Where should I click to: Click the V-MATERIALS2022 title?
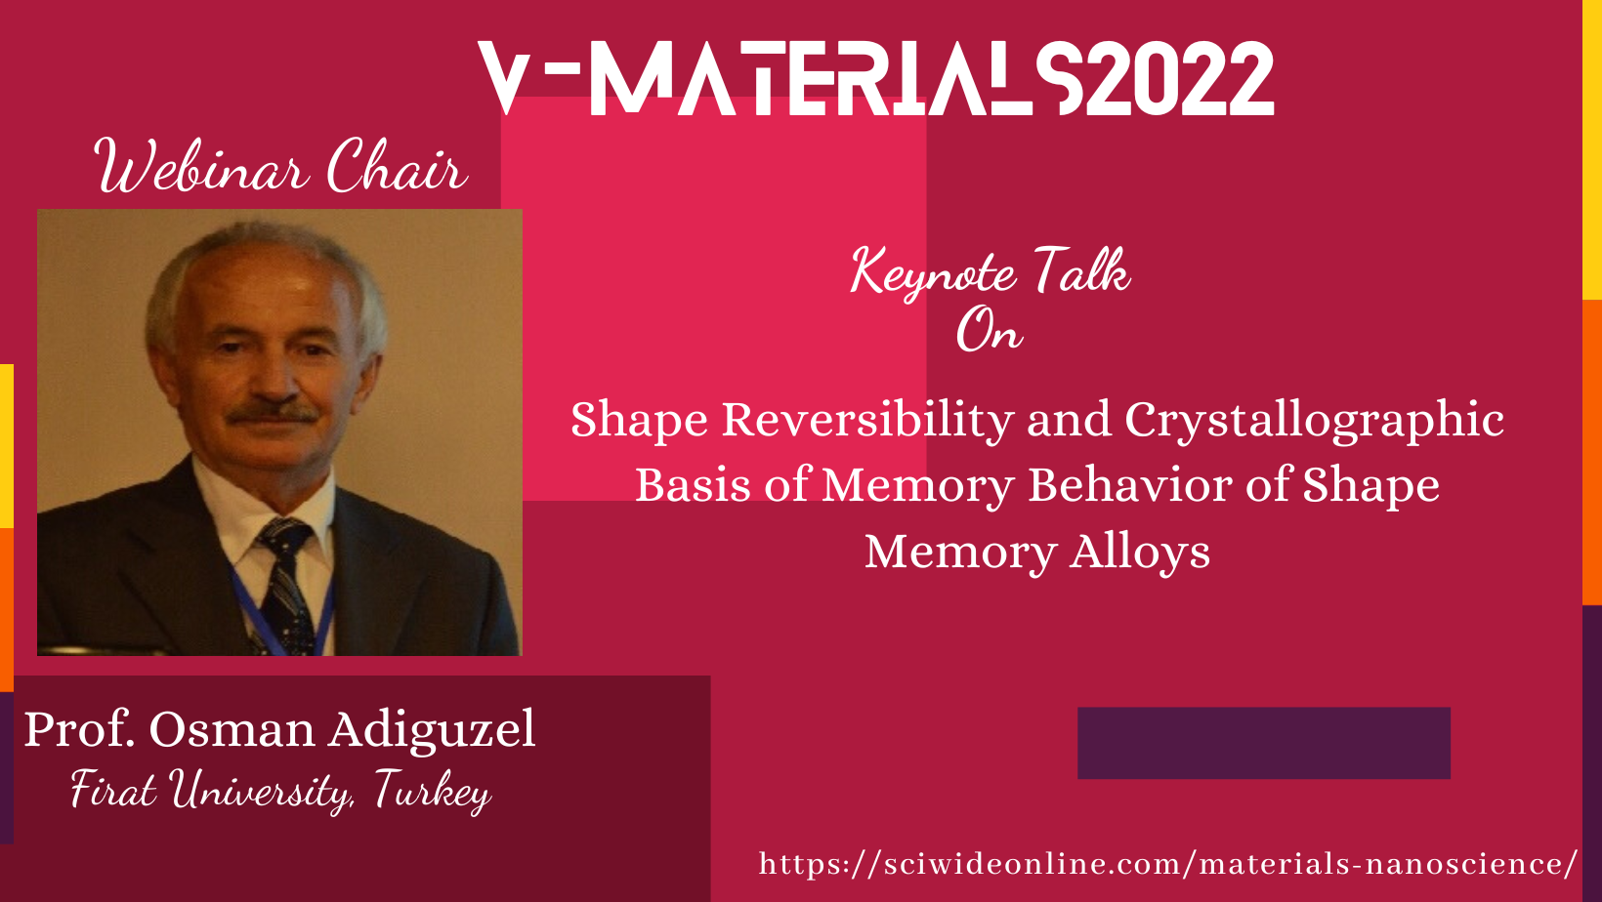coord(876,78)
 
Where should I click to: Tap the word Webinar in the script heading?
coord(202,166)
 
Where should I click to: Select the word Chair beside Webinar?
coord(397,166)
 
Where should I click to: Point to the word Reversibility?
coord(867,420)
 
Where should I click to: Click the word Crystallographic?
coord(1315,421)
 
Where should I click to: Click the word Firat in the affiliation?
coord(113,790)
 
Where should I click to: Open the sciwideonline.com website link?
coord(1167,863)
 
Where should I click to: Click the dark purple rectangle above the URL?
coord(1264,743)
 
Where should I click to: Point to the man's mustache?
coord(273,412)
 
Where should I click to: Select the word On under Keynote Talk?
coord(990,331)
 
